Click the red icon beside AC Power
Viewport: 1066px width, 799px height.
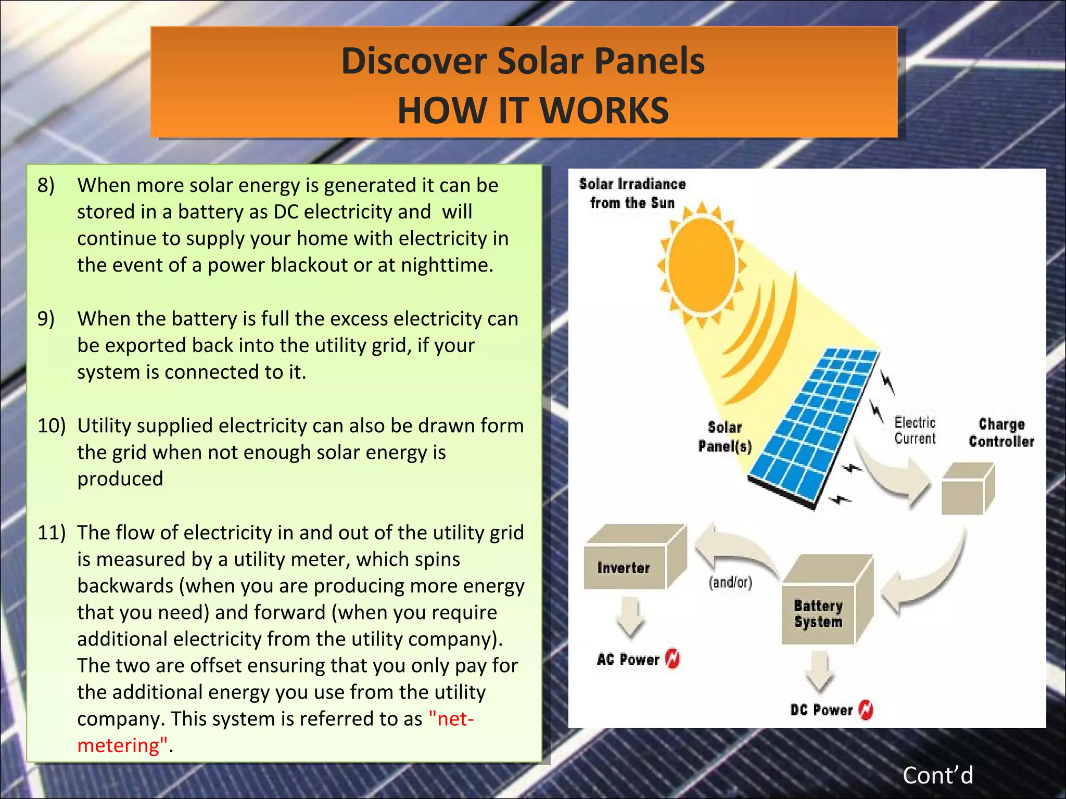pyautogui.click(x=673, y=659)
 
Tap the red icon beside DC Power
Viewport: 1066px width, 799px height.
pyautogui.click(x=866, y=710)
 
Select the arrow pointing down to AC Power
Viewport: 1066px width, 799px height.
pyautogui.click(x=630, y=616)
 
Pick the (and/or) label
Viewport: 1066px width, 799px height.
pyautogui.click(x=730, y=582)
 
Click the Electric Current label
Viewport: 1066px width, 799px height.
pyautogui.click(x=915, y=431)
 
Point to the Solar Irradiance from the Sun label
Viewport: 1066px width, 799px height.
pyautogui.click(x=632, y=193)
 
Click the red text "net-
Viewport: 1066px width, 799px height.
pyautogui.click(x=451, y=719)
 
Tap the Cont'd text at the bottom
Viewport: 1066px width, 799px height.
pyautogui.click(x=937, y=775)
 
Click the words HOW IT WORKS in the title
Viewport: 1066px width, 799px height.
pyautogui.click(x=532, y=111)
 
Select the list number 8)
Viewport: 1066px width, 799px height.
pyautogui.click(x=46, y=185)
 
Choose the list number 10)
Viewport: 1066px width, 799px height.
pyautogui.click(x=51, y=426)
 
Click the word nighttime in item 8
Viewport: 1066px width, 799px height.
pyautogui.click(x=446, y=265)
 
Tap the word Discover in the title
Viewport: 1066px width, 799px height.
pyautogui.click(x=414, y=61)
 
